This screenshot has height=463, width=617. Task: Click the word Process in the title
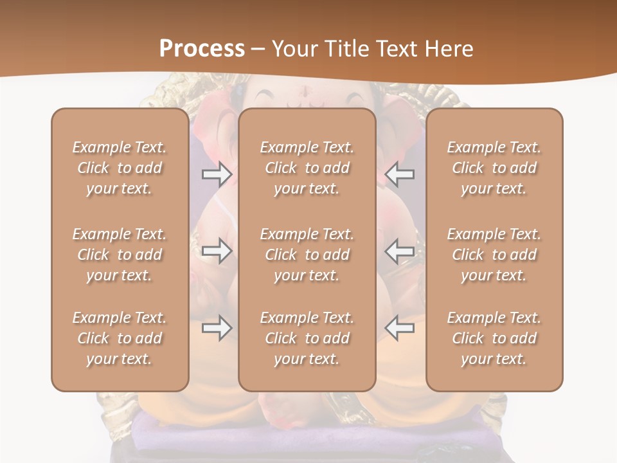(x=202, y=49)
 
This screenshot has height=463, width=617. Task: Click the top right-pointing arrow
(x=217, y=174)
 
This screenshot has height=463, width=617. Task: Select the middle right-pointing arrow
(x=217, y=251)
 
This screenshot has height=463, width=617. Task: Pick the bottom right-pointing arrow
(x=217, y=328)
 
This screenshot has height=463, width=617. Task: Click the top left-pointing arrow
(x=400, y=174)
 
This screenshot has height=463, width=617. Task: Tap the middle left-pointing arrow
(x=400, y=251)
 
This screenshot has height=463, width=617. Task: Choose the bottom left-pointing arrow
(x=400, y=328)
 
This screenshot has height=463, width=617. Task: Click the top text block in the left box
(x=120, y=168)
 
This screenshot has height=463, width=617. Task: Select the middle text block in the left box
(x=120, y=255)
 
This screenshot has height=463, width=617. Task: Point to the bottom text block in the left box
(x=120, y=338)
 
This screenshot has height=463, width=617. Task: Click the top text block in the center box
(x=307, y=168)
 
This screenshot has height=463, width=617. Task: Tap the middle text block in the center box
(x=307, y=255)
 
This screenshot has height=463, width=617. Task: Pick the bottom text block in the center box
(x=307, y=338)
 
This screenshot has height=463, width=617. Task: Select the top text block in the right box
(x=494, y=168)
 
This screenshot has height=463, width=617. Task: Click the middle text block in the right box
(x=494, y=255)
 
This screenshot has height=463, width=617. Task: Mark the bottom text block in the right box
(x=494, y=338)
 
